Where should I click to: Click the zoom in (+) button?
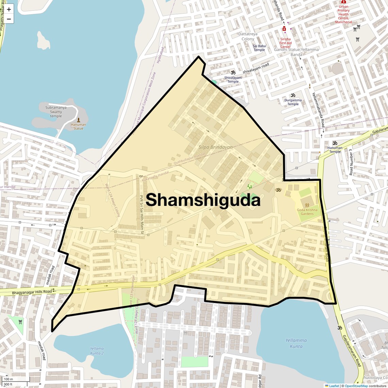point(9,9)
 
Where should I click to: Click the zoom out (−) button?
point(9,19)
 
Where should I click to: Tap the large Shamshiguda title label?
point(203,200)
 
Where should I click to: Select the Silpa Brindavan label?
point(215,147)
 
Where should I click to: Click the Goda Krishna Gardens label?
point(307,212)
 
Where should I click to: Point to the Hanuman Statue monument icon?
point(79,120)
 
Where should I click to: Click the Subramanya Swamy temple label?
point(56,112)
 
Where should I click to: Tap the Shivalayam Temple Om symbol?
point(233,72)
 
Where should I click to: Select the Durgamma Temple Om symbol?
point(293,95)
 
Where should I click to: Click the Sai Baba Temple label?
point(259,48)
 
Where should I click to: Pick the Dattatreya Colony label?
point(248,36)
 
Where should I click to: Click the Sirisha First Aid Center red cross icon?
point(284,29)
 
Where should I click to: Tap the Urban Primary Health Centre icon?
point(343,2)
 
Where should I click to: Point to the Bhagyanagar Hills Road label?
point(32,292)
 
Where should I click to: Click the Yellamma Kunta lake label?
point(296,343)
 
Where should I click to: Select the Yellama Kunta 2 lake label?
point(97,351)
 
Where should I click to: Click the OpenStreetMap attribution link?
point(356,386)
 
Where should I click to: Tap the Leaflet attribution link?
point(334,386)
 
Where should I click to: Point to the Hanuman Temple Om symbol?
point(335,143)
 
